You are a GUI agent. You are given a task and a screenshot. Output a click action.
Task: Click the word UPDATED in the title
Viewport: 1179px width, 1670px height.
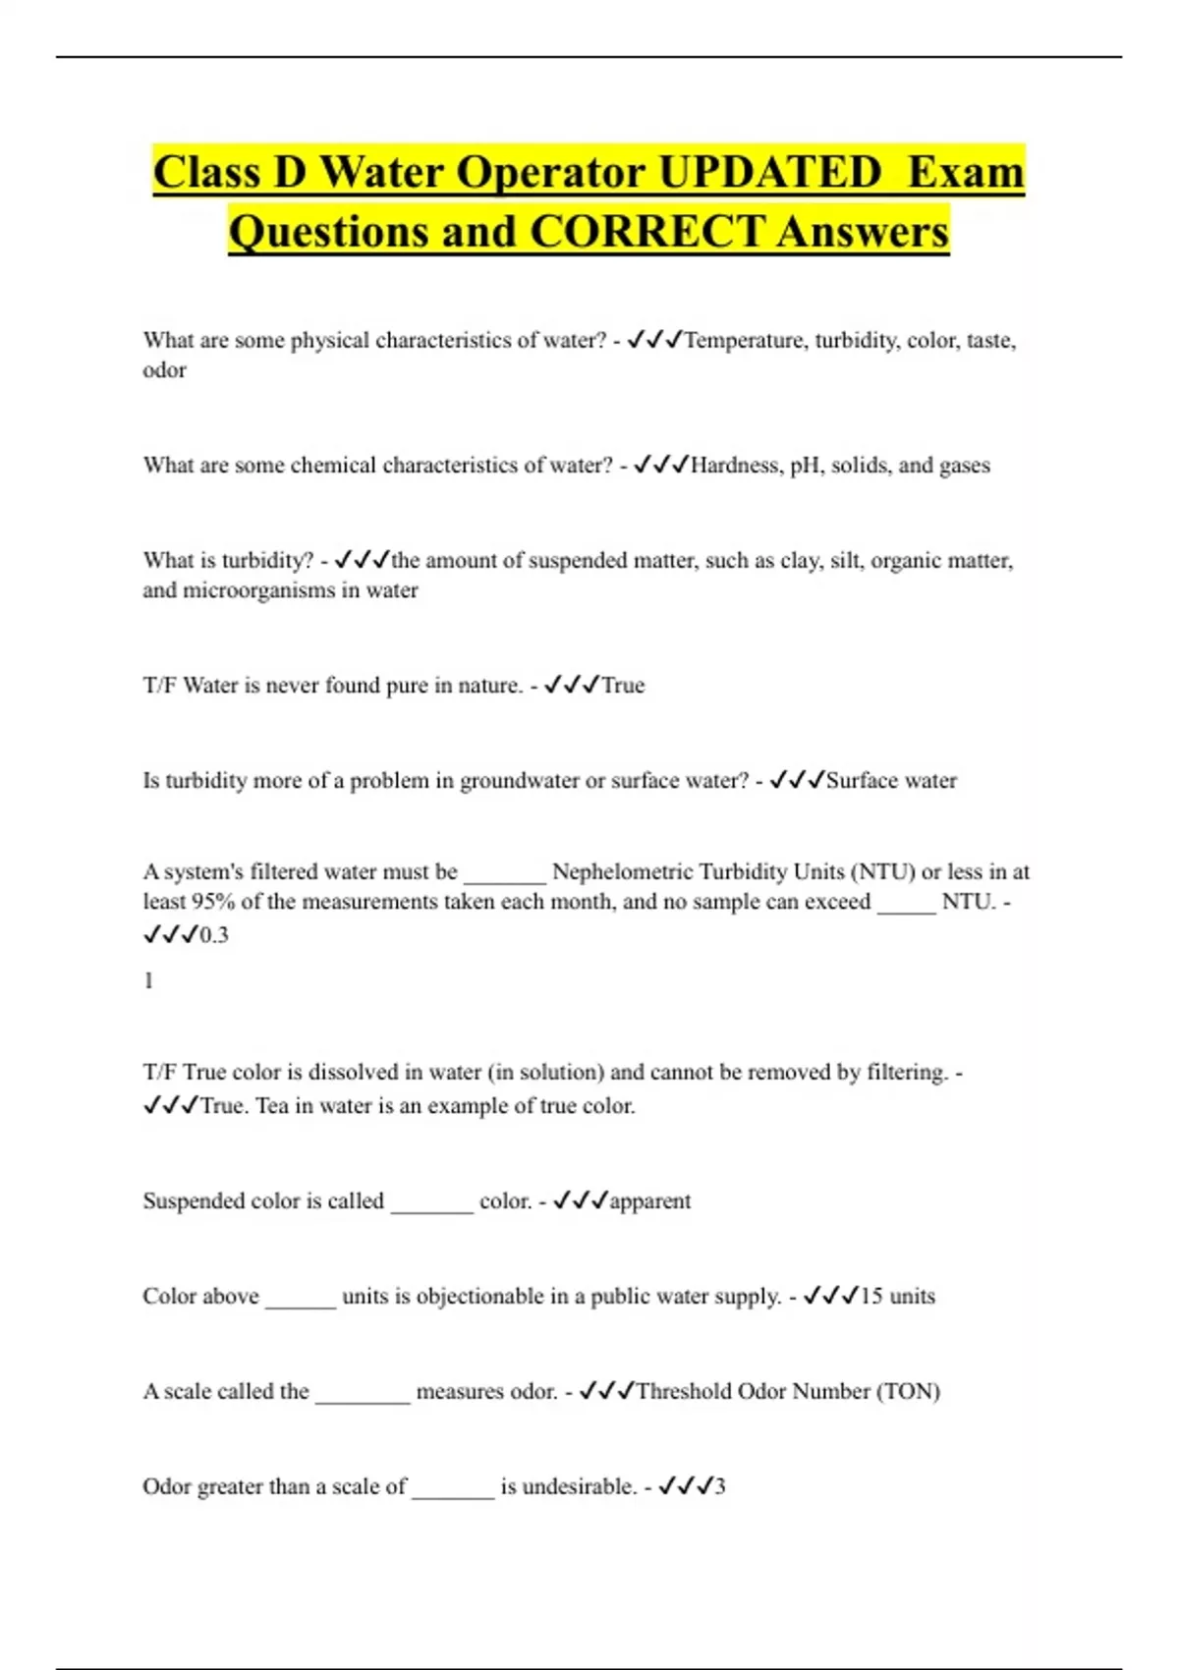coord(769,173)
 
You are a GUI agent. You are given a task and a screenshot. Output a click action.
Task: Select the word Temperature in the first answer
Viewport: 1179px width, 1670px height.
coord(744,341)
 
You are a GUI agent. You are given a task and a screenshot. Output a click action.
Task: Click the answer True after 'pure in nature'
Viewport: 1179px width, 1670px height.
coord(623,686)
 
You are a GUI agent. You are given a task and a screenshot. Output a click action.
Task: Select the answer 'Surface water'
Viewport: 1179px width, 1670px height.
coord(891,781)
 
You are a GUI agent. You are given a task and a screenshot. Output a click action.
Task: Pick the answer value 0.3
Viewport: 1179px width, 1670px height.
coord(214,935)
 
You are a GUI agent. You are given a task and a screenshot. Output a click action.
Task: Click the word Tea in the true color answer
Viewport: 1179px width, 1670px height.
coord(272,1106)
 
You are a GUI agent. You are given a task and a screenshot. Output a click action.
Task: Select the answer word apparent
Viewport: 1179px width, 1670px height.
coord(650,1201)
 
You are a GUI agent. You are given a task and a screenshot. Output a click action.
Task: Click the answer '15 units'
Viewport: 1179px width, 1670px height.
coord(897,1297)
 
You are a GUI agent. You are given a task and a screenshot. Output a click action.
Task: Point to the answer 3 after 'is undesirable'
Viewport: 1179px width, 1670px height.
coord(719,1487)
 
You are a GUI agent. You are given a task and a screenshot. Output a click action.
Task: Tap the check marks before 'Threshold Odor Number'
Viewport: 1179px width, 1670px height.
coord(606,1391)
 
